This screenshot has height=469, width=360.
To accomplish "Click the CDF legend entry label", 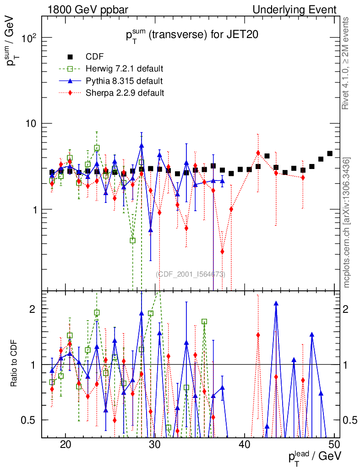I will coord(94,57).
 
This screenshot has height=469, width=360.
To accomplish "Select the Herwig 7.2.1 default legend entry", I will coord(125,69).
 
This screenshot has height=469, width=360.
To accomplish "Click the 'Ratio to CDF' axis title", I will coord(14,365).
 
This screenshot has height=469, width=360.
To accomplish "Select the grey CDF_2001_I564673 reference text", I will coord(191,274).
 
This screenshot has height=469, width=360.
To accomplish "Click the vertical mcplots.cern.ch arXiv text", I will coord(347,223).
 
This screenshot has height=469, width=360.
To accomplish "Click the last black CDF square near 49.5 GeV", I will coord(330,153).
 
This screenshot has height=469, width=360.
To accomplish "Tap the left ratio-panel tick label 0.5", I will coord(31,420).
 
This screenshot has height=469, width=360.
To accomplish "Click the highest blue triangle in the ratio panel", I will coord(276,303).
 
